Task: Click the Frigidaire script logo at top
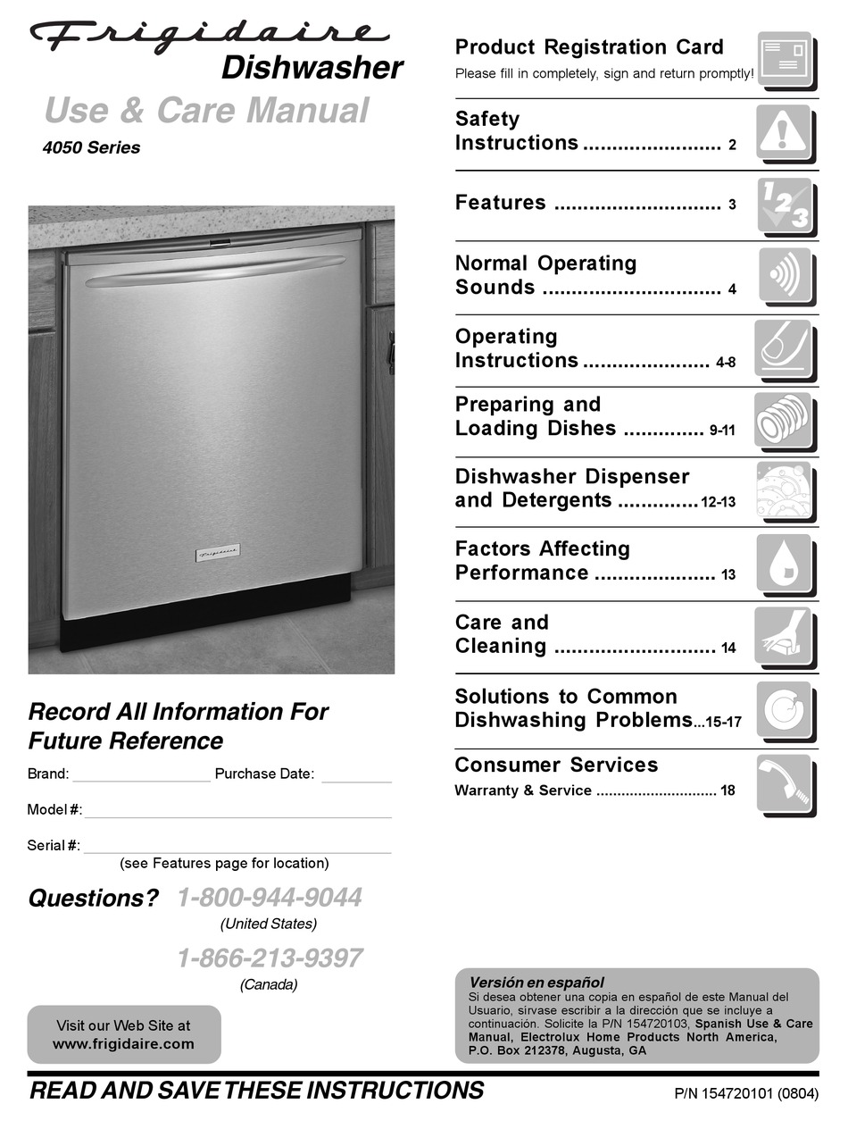[210, 34]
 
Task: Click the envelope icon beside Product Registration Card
[785, 60]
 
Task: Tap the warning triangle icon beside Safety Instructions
[785, 133]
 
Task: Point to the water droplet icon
[785, 563]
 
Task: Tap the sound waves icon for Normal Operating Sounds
[785, 274]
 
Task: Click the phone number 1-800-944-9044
[270, 898]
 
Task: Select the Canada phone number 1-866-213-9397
[270, 958]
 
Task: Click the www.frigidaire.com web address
[123, 1043]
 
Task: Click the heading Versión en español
[536, 983]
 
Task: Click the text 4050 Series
[91, 148]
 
